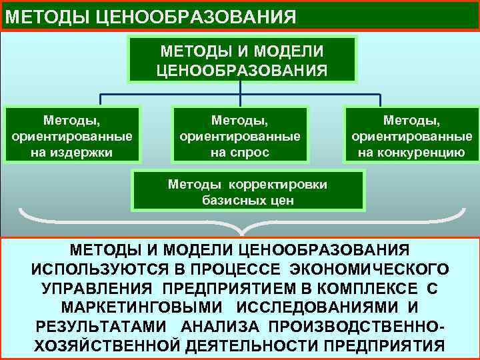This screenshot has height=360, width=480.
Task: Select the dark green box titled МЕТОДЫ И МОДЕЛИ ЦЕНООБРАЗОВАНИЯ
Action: (x=242, y=60)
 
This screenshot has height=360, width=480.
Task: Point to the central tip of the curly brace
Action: (x=242, y=233)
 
